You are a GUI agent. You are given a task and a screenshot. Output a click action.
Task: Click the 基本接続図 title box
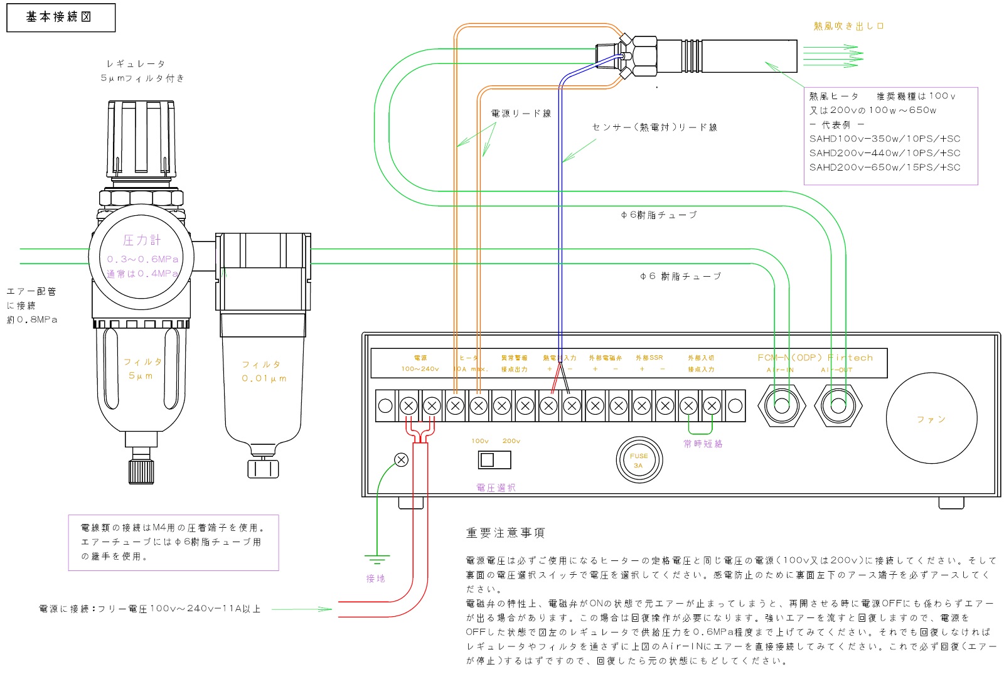[61, 18]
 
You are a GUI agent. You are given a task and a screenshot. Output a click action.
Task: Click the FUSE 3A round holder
[639, 460]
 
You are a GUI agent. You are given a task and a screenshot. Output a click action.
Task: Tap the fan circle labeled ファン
[931, 419]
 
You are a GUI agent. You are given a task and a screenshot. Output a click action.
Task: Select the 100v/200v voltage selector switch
[494, 460]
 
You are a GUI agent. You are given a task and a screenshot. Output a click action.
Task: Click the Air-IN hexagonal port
[781, 405]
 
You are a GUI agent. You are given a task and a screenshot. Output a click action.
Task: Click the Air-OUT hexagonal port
[838, 405]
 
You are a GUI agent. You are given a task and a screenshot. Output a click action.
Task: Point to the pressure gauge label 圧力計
[142, 240]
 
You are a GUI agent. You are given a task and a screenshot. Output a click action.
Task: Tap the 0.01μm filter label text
[264, 371]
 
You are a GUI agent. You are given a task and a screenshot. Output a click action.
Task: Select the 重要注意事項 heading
[505, 533]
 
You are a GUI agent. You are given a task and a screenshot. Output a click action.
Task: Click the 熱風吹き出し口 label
[848, 26]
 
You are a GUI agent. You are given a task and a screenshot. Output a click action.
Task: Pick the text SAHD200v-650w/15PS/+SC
[884, 168]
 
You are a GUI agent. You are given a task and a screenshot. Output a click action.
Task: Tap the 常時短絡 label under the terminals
[703, 444]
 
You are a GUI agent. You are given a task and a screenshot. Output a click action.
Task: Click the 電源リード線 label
[521, 114]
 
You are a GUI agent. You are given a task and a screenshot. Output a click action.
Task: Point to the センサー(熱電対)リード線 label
[654, 127]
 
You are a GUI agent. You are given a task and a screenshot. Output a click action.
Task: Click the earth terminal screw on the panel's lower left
[401, 460]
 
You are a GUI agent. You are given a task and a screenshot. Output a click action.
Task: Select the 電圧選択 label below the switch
[496, 488]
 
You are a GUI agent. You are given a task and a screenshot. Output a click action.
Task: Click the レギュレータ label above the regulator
[136, 64]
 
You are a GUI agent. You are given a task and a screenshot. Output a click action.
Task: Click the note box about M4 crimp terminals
[173, 542]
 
